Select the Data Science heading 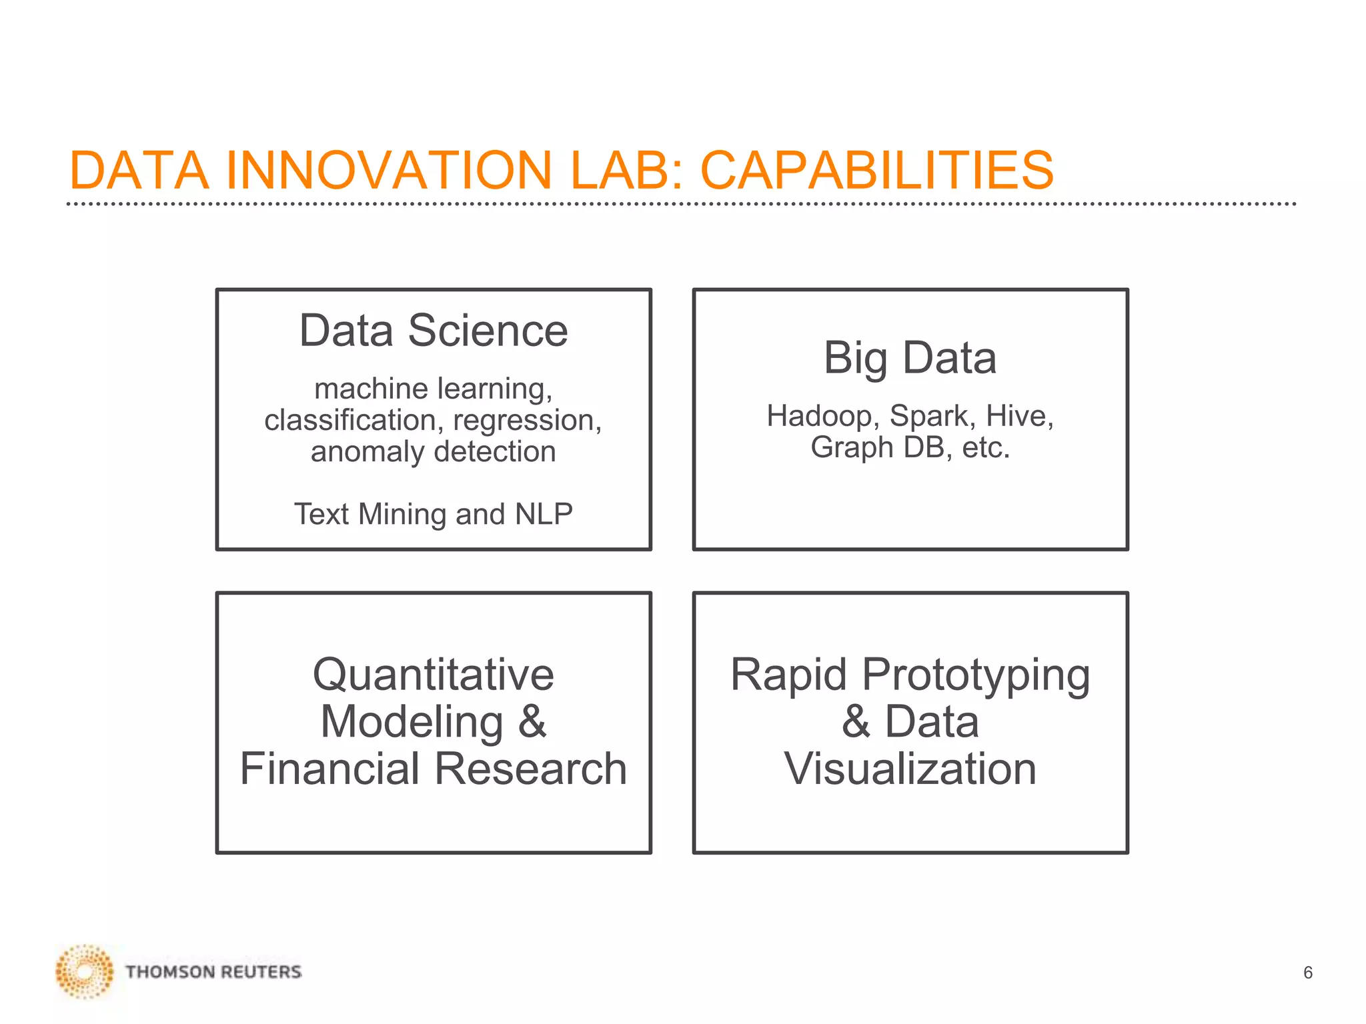[434, 331]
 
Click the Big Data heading [910, 358]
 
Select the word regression [527, 420]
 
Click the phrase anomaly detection [433, 451]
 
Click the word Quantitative [434, 675]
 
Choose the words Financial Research [434, 769]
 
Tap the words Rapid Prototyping [910, 675]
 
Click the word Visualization [910, 769]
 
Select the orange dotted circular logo [85, 971]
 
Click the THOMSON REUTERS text [213, 972]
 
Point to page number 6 [1307, 973]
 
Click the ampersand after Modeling [532, 721]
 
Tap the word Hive [1019, 416]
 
